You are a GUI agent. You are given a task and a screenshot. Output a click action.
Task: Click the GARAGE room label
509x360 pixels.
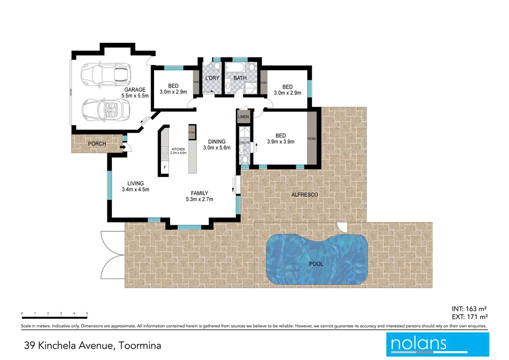tap(135, 90)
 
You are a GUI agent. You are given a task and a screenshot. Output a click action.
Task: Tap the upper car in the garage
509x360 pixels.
tap(107, 74)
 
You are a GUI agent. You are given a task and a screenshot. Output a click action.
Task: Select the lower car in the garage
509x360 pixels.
tap(107, 108)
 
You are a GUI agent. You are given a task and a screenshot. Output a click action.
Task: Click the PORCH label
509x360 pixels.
tap(97, 144)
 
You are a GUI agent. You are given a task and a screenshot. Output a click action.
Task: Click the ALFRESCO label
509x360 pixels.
tap(304, 195)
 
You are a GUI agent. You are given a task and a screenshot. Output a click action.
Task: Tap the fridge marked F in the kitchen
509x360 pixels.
tap(165, 168)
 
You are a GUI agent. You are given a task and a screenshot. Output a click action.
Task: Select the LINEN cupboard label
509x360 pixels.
tap(243, 117)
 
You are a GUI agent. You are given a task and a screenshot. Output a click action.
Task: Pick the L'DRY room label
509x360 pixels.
tap(212, 79)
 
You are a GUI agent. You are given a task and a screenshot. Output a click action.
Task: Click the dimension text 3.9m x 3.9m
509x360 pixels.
tap(281, 142)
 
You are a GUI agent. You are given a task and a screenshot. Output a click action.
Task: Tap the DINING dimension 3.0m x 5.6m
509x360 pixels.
tap(217, 148)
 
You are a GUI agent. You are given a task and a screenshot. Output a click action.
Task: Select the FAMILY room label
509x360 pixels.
tap(199, 193)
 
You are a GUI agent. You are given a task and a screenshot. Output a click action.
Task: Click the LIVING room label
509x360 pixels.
tap(135, 183)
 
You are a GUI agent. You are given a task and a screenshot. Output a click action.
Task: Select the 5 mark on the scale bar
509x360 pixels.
tap(87, 313)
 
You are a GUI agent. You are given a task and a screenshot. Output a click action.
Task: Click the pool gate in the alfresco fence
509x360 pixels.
tap(341, 227)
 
